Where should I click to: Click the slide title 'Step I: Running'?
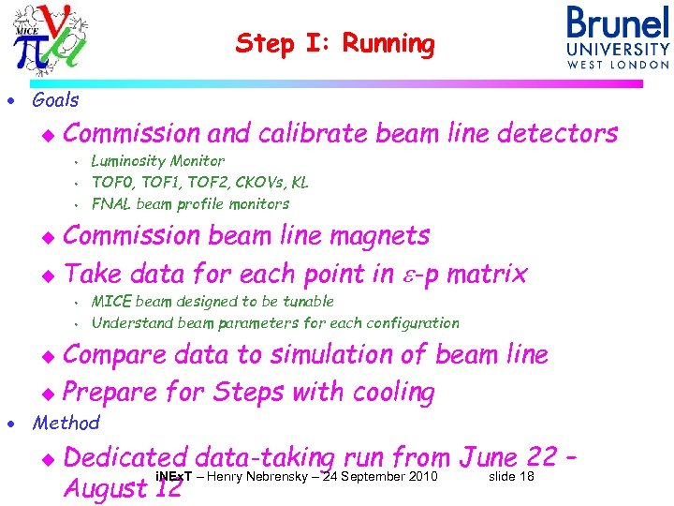pyautogui.click(x=335, y=44)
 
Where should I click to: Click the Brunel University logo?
pyautogui.click(x=617, y=37)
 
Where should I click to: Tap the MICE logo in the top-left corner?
pyautogui.click(x=52, y=37)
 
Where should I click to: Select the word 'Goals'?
pyautogui.click(x=55, y=99)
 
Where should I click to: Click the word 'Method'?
pyautogui.click(x=66, y=423)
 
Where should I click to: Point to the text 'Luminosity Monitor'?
pyautogui.click(x=157, y=161)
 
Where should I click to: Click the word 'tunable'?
pyautogui.click(x=304, y=302)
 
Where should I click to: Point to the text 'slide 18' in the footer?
pyautogui.click(x=511, y=478)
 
